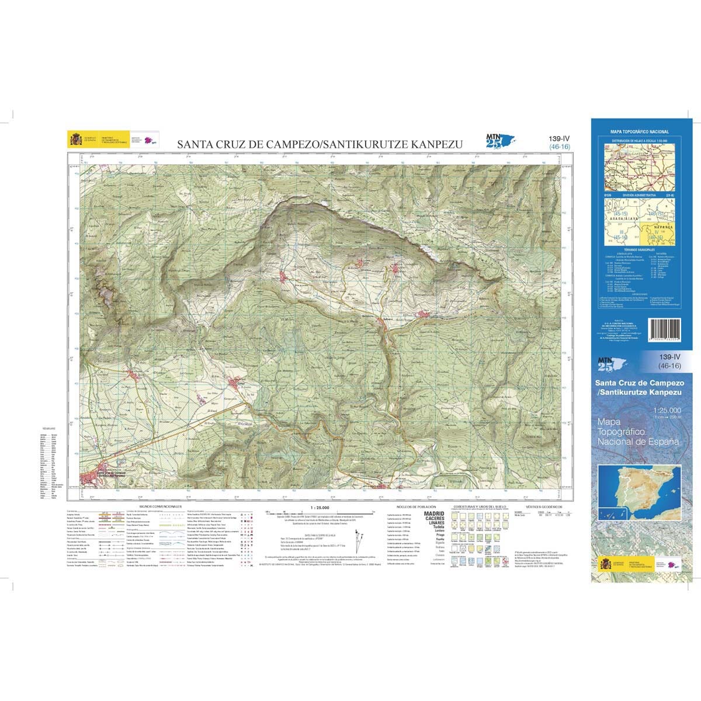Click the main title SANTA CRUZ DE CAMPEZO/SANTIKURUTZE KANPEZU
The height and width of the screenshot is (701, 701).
[320, 144]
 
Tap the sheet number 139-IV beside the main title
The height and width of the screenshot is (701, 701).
[559, 138]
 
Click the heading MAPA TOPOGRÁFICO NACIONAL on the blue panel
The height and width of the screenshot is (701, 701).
[639, 133]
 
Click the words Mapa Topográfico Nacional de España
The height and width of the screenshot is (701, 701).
[638, 431]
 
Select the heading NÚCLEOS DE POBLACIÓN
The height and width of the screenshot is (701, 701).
[416, 506]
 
